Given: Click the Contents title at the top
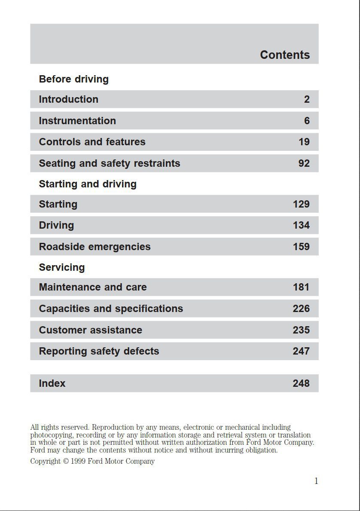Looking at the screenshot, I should [x=285, y=55].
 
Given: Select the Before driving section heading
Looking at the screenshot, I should [x=73, y=79].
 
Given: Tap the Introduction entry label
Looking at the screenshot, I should [x=68, y=99].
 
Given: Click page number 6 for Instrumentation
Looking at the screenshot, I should [x=307, y=121].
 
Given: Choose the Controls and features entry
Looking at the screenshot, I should [x=92, y=142].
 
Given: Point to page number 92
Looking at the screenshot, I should [x=304, y=163].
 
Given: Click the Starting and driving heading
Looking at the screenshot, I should [x=88, y=184].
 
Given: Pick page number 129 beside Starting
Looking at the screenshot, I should [x=301, y=204].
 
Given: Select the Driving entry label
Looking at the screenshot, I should [x=56, y=225].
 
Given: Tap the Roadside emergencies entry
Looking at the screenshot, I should [x=95, y=247].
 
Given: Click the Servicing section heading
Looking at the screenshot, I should [x=62, y=267].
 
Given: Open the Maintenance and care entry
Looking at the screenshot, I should [x=93, y=287].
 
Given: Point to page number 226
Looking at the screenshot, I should [x=301, y=309].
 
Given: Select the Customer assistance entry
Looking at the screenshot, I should [x=90, y=330].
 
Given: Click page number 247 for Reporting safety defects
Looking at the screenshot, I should [x=301, y=351].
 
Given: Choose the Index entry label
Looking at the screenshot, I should [x=52, y=383].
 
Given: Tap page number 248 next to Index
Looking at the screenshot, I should [x=301, y=383].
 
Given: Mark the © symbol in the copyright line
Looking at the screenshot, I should [x=66, y=462].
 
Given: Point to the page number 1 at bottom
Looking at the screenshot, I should [x=316, y=481].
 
